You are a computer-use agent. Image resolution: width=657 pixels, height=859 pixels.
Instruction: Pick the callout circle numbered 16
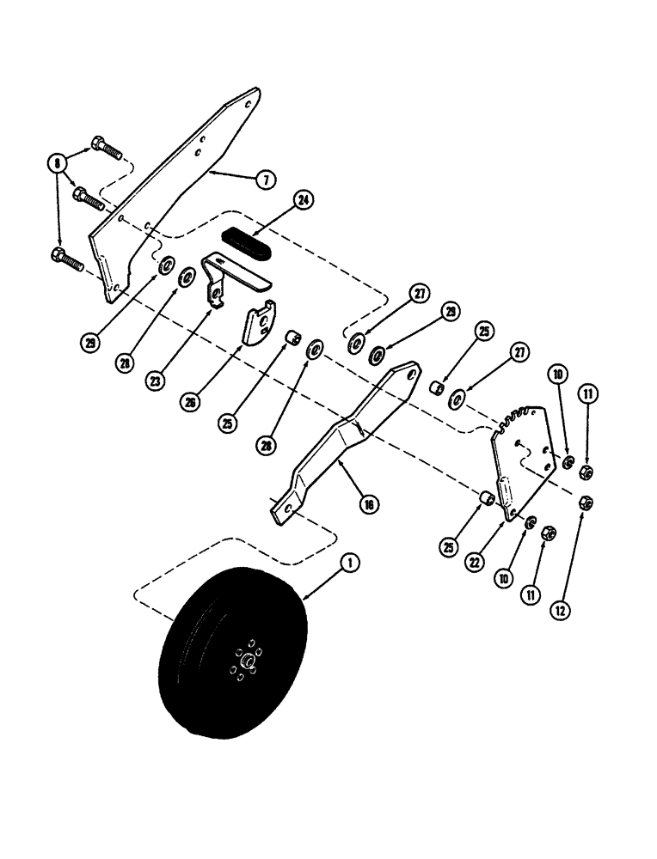pos(368,504)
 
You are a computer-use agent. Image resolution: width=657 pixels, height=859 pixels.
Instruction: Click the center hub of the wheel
pos(248,660)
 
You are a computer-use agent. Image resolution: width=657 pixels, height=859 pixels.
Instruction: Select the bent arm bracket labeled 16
pos(344,442)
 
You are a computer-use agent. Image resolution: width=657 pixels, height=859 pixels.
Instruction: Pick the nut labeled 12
pos(582,503)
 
